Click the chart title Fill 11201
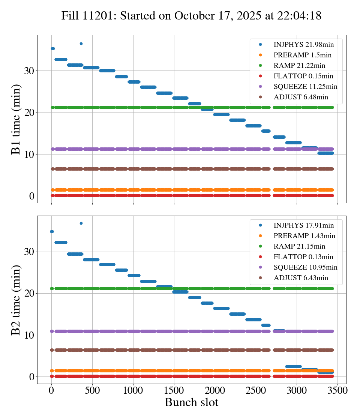point(191,16)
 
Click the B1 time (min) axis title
point(16,119)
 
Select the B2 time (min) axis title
point(16,300)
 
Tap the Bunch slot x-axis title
point(191,403)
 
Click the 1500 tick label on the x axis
point(174,390)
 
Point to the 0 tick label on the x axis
point(51,390)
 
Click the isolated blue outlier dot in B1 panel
point(81,43)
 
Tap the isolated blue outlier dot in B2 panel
point(81,223)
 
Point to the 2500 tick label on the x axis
point(256,390)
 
